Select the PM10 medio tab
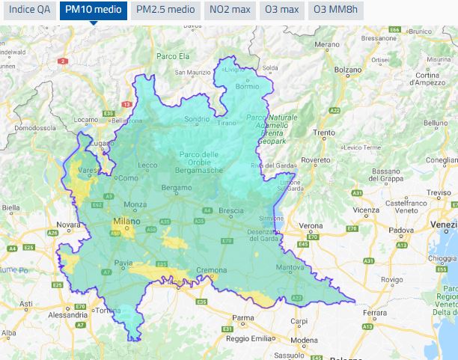tap(93, 10)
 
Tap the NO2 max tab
tap(230, 10)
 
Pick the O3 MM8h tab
tap(335, 10)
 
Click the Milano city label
tap(126, 222)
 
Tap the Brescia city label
tap(231, 211)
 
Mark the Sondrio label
tap(197, 119)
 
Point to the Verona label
tap(311, 225)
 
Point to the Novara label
tap(68, 225)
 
